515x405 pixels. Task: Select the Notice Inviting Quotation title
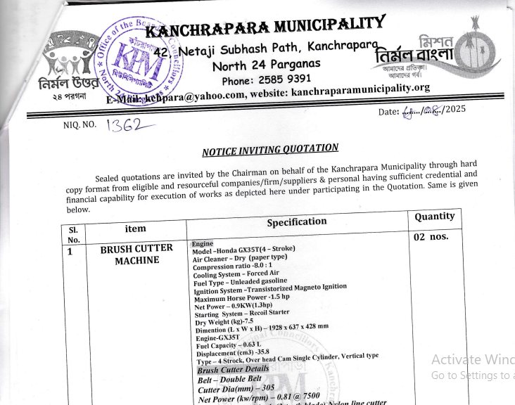(270, 150)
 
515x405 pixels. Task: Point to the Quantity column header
(434, 217)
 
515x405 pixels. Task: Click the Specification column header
(296, 221)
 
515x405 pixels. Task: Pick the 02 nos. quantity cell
(431, 236)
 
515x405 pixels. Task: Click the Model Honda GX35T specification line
(243, 250)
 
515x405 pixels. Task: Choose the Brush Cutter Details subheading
(233, 370)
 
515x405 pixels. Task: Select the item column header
(135, 229)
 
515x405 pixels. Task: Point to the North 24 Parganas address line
(266, 65)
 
